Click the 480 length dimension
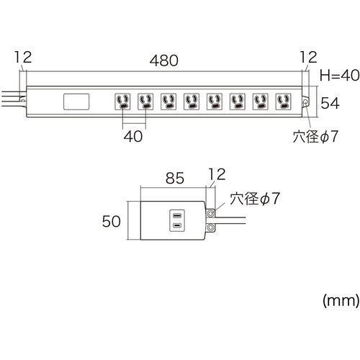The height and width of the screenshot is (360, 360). [x=164, y=60]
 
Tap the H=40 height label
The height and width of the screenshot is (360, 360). [x=340, y=75]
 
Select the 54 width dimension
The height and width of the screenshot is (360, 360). [x=330, y=103]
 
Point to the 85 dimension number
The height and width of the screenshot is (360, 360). [x=175, y=178]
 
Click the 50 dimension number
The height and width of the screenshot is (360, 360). [x=111, y=221]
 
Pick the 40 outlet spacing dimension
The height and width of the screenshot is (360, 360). [x=133, y=136]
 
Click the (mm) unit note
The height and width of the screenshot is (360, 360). [x=341, y=301]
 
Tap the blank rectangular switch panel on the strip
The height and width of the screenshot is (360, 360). [x=76, y=102]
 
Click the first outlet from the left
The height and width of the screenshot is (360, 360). [x=122, y=102]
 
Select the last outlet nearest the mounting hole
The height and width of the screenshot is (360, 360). [x=284, y=102]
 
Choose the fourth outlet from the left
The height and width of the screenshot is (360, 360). [x=192, y=102]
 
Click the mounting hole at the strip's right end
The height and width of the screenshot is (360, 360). [x=305, y=102]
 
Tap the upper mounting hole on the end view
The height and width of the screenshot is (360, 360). [x=210, y=213]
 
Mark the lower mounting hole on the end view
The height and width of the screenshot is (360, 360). [x=210, y=227]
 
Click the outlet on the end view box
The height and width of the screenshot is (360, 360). [x=177, y=220]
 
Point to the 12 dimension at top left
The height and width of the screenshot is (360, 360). [x=23, y=57]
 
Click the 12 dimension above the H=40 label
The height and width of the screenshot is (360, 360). [x=308, y=57]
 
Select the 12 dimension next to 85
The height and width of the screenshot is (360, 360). [x=217, y=174]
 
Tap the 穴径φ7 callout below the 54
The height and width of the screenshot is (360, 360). [x=315, y=137]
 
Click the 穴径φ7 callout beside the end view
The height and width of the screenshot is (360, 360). [x=255, y=199]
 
